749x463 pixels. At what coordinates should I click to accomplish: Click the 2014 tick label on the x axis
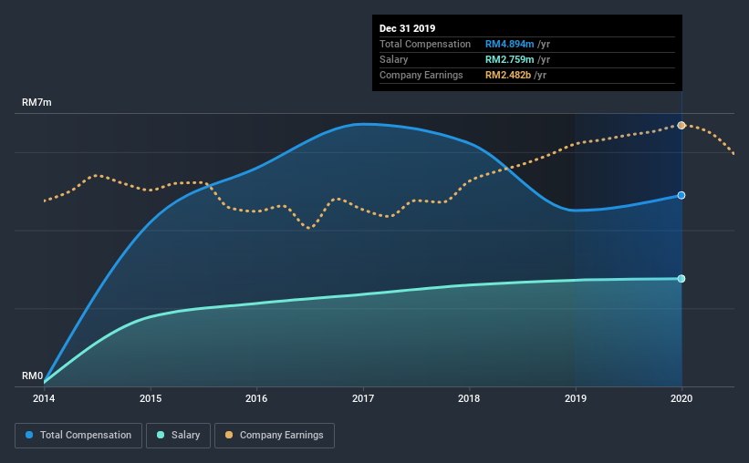44,398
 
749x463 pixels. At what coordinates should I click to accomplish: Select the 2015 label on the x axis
151,398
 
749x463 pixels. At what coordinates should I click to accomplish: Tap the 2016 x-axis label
256,398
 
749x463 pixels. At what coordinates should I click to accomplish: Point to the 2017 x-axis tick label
363,398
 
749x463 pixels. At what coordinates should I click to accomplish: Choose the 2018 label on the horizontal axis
469,398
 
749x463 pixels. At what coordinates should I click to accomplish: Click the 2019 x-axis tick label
576,398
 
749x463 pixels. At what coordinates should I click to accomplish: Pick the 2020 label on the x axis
681,398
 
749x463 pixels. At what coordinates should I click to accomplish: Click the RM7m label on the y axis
36,103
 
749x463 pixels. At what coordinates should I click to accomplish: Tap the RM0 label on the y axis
33,376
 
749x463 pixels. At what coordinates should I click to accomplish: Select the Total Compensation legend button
78,436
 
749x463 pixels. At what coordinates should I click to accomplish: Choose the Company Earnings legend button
275,436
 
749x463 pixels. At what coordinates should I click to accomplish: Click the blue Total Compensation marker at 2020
681,195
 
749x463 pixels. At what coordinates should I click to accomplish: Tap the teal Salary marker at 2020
681,278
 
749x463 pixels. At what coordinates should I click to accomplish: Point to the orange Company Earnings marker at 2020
681,125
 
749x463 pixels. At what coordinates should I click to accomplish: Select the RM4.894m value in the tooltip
509,44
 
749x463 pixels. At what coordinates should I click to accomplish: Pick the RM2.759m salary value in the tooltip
509,59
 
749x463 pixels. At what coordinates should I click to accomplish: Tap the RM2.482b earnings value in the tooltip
509,75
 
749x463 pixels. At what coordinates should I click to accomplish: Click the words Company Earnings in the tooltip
421,75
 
